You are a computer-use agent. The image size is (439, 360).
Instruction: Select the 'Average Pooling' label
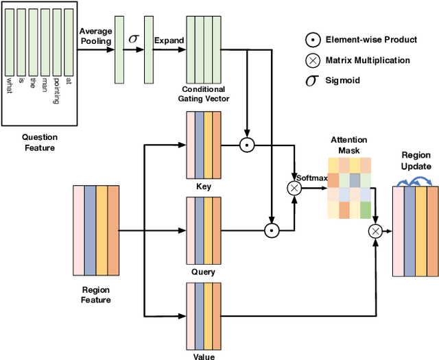95,36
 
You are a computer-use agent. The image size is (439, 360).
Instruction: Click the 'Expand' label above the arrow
169,40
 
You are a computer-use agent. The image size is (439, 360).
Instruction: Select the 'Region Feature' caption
96,295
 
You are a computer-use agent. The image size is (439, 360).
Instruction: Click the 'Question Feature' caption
39,142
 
